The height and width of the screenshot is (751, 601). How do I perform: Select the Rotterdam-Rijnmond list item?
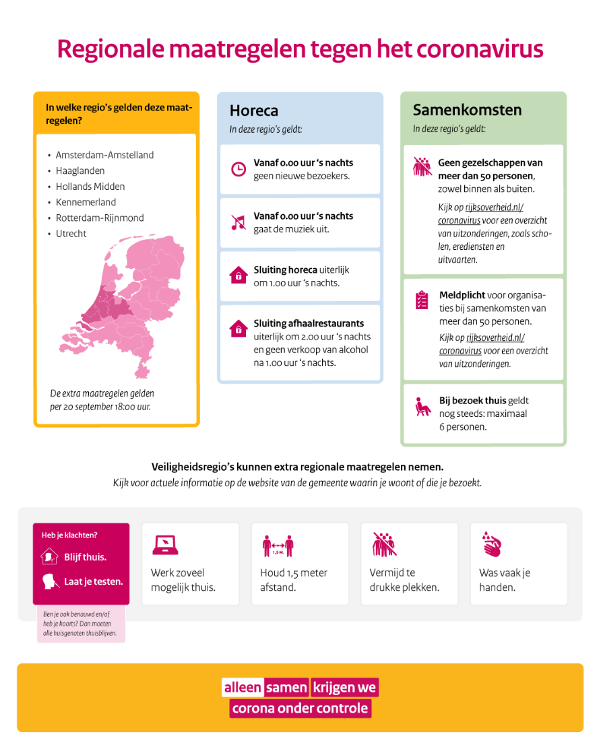[x=99, y=218]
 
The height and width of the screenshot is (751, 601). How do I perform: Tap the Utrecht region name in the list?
[x=71, y=234]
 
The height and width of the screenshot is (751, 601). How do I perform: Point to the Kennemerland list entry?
[x=86, y=202]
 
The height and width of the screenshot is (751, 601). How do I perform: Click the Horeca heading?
[x=253, y=110]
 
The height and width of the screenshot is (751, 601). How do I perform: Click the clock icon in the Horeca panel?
[x=238, y=169]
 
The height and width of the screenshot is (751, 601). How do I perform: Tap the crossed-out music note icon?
[x=238, y=222]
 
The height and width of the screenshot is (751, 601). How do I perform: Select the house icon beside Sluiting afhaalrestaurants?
[x=238, y=329]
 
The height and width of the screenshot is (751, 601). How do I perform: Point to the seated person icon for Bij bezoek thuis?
[x=422, y=407]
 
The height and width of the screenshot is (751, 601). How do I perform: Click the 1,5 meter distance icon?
[x=278, y=545]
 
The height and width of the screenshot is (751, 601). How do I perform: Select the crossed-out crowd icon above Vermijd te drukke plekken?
[x=384, y=544]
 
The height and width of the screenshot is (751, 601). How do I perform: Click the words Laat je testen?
[x=93, y=581]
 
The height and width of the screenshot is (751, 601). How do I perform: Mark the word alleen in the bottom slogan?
[x=243, y=688]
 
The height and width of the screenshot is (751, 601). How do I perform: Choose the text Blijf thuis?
[x=85, y=557]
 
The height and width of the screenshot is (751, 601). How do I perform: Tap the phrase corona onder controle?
[x=300, y=708]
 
